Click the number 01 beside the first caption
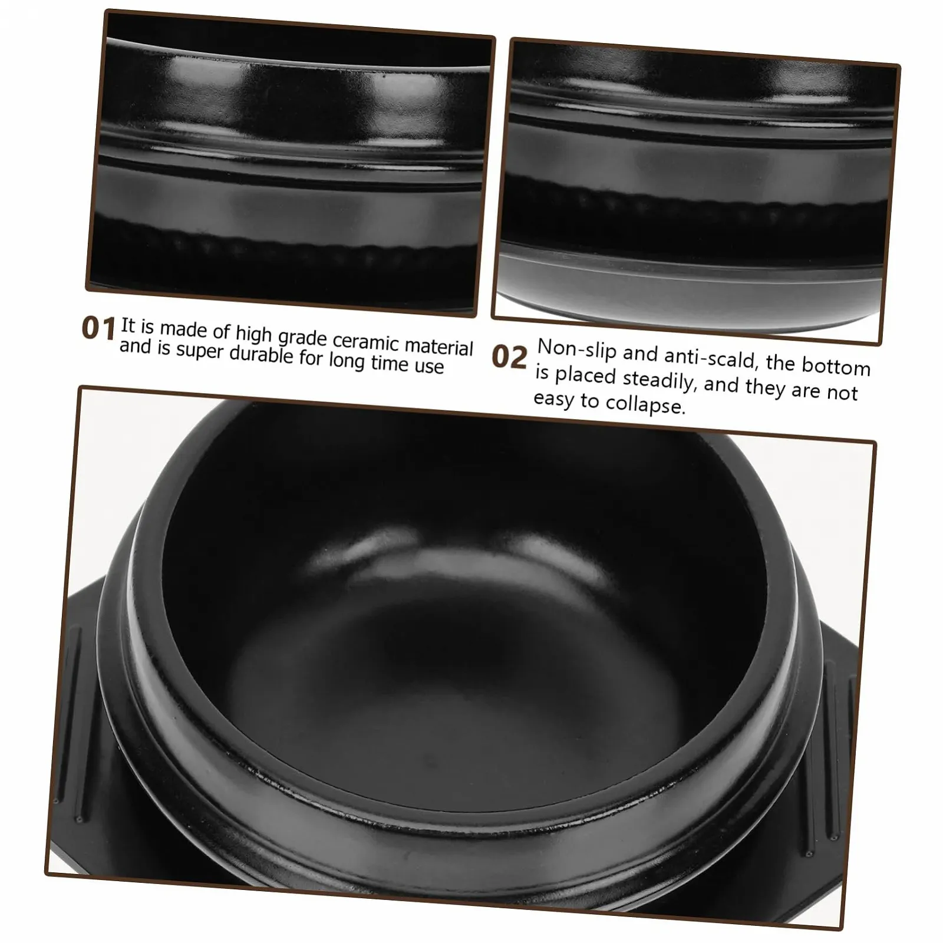click(98, 328)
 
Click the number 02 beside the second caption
click(509, 357)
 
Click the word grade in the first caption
click(303, 338)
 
